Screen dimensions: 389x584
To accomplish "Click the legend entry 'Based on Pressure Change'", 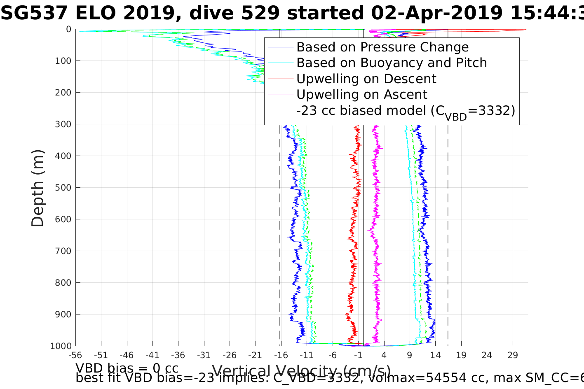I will (x=382, y=47).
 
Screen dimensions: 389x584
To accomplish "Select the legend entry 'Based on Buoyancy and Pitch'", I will (x=392, y=63).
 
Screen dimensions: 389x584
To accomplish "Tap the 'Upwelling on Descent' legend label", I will (x=366, y=79).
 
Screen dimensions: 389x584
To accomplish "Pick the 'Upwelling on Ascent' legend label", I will (x=361, y=95).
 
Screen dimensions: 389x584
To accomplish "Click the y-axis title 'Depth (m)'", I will (x=38, y=188).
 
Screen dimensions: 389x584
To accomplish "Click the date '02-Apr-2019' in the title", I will (x=437, y=13).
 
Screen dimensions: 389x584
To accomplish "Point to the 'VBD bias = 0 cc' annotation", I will (x=127, y=368).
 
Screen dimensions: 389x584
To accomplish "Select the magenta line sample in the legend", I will (x=281, y=95).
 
